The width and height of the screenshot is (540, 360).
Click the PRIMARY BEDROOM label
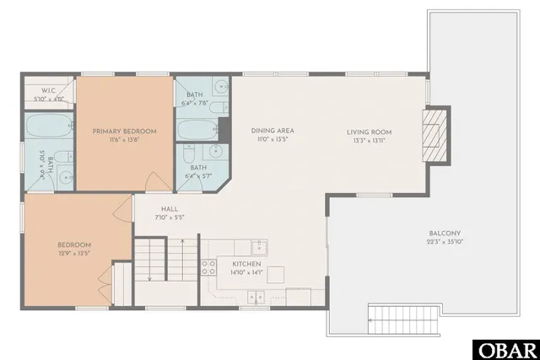tap(124, 132)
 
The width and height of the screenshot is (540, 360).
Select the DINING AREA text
tap(273, 132)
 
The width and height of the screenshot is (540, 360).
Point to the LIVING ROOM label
tap(370, 132)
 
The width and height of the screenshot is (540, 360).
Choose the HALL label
tap(170, 211)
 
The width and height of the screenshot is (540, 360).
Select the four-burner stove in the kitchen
tap(208, 268)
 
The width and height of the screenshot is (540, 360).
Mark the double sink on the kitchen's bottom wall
tap(255, 296)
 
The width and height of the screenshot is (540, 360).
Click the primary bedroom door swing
tap(151, 183)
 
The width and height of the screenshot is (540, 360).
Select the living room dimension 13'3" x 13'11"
tap(370, 140)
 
